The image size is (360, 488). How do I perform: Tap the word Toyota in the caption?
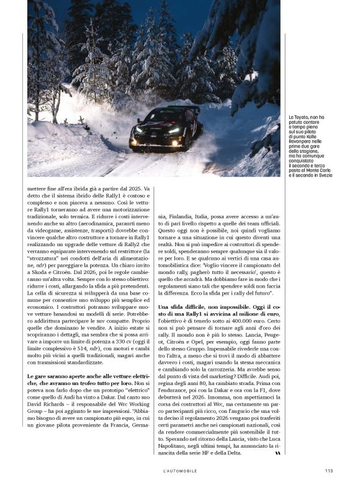coord(302,117)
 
